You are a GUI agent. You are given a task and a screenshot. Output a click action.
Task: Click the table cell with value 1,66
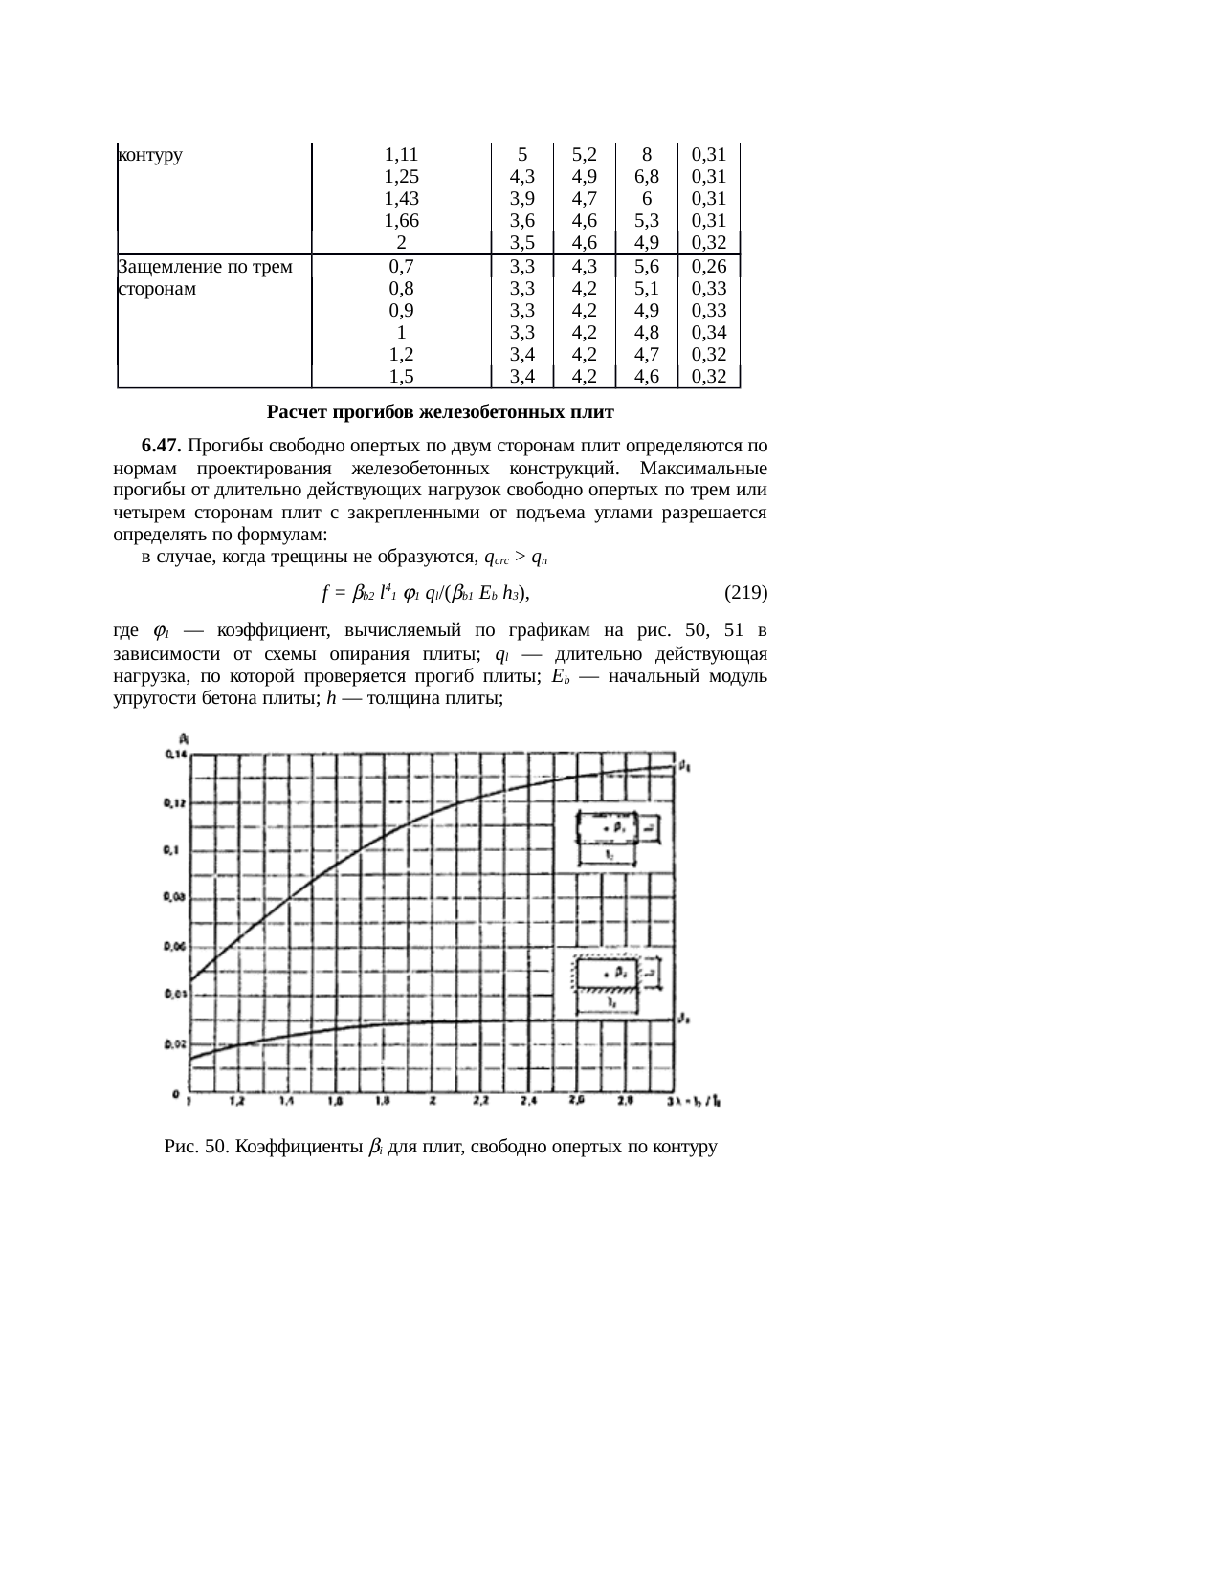pyautogui.click(x=401, y=221)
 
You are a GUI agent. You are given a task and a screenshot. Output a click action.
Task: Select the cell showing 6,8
pyautogui.click(x=647, y=177)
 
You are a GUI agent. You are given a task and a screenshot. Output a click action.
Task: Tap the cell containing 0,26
pyautogui.click(x=708, y=267)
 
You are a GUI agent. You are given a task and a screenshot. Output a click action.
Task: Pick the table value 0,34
pyautogui.click(x=708, y=333)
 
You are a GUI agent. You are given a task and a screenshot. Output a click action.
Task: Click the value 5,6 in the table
pyautogui.click(x=647, y=267)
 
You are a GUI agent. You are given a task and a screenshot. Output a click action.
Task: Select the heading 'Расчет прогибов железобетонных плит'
pyautogui.click(x=440, y=413)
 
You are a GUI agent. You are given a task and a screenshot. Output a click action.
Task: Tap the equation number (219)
pyautogui.click(x=745, y=593)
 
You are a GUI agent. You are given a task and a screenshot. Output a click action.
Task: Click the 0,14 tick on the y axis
pyautogui.click(x=173, y=757)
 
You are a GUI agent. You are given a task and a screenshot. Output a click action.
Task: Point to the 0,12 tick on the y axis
pyautogui.click(x=173, y=803)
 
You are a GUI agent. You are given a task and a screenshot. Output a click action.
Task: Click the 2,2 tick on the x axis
pyautogui.click(x=481, y=1102)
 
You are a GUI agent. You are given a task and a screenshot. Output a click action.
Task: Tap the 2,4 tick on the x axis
pyautogui.click(x=529, y=1102)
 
